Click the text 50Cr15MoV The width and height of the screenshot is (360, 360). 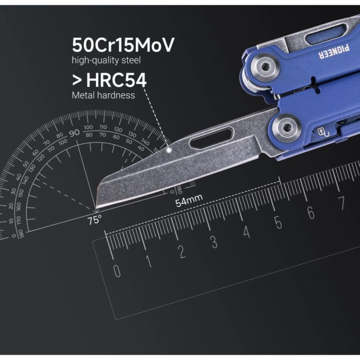pos(123,45)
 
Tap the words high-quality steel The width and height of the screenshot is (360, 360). pos(106,61)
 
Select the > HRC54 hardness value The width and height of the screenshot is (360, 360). pos(109,80)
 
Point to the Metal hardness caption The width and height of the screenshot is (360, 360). pos(103,95)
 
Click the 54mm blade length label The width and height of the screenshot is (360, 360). pos(189,202)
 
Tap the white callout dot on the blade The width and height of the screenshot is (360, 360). pos(169,150)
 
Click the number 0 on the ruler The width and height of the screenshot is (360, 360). pos(117,270)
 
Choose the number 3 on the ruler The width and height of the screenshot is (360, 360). pos(214,242)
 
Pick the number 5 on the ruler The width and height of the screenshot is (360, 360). pos(278,223)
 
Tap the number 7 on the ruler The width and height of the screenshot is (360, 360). pos(341,202)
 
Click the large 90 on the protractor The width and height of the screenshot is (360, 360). pos(74,132)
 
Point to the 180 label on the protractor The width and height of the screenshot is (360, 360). pos(20,232)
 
